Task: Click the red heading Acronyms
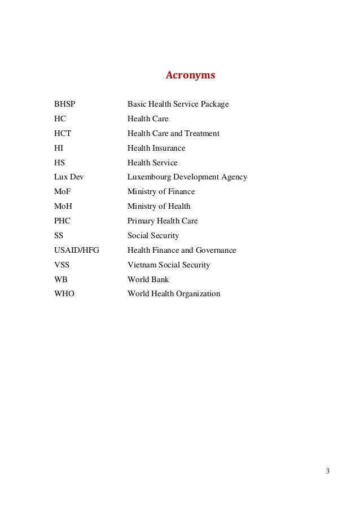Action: click(x=191, y=74)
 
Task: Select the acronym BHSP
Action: click(x=64, y=104)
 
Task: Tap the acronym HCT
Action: click(x=62, y=134)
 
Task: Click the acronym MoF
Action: click(x=63, y=192)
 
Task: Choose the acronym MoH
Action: click(x=63, y=207)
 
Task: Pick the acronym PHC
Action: click(x=62, y=221)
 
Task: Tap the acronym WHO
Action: click(x=64, y=294)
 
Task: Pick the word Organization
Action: click(x=197, y=294)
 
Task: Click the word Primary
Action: click(x=141, y=221)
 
